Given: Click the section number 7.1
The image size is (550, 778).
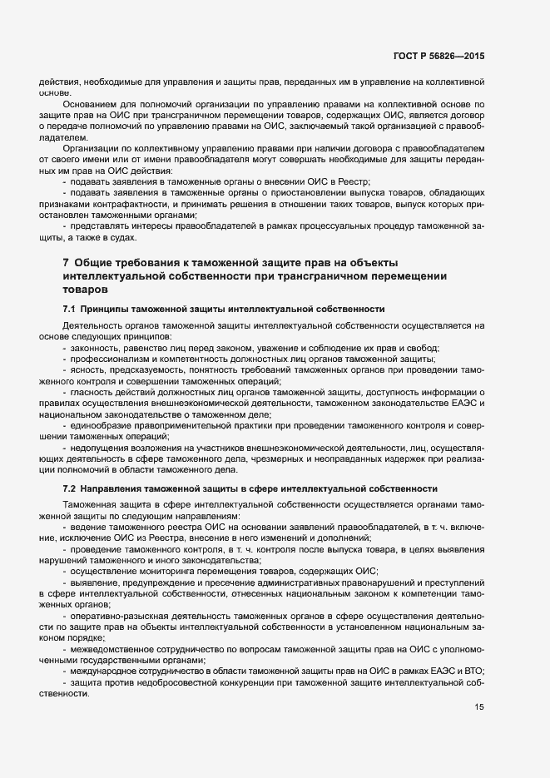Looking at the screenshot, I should (69, 308).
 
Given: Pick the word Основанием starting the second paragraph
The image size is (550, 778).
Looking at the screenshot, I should (89, 104).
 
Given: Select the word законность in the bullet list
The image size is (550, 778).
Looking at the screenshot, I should (96, 347).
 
